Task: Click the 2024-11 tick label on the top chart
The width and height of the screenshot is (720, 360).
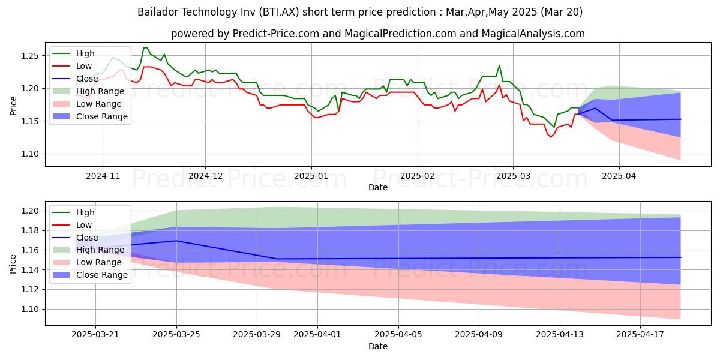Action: click(x=103, y=176)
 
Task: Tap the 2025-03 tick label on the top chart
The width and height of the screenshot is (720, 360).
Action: click(x=512, y=176)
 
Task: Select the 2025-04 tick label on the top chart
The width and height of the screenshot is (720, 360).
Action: click(x=619, y=176)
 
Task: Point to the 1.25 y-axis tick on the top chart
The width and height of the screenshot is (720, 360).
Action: click(x=30, y=56)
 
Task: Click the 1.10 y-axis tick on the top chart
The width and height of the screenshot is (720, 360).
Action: click(x=30, y=154)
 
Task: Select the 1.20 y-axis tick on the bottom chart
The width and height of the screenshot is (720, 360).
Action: click(x=30, y=211)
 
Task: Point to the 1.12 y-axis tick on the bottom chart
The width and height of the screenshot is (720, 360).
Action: click(x=30, y=290)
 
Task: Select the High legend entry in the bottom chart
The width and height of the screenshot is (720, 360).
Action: click(x=85, y=212)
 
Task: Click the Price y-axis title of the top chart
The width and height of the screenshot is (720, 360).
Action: click(x=13, y=105)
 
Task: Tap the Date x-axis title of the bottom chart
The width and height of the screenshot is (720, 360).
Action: click(x=378, y=346)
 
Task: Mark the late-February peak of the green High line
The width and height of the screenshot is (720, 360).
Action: click(x=499, y=65)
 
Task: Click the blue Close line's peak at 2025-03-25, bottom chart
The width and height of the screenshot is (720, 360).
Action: click(x=176, y=241)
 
